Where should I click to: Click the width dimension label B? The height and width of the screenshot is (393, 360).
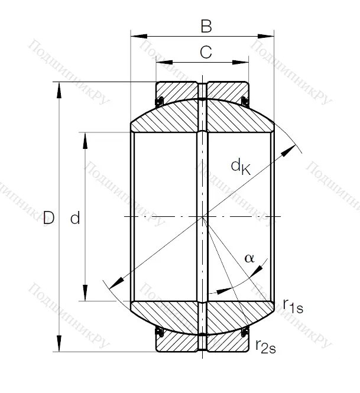205,26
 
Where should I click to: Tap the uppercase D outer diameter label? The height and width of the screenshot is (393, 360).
48,219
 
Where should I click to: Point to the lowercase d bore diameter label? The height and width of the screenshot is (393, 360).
75,219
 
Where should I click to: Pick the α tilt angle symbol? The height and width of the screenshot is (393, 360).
249,258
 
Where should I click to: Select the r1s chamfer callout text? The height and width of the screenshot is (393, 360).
293,306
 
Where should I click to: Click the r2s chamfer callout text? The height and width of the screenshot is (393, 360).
265,346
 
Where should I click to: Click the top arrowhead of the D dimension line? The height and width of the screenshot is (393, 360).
59,89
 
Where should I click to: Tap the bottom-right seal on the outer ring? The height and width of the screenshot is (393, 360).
245,334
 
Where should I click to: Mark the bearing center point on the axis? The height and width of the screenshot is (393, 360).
203,217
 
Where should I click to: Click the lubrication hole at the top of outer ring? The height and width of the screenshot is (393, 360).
203,90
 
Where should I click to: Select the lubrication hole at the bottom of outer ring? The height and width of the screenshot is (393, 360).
203,343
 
